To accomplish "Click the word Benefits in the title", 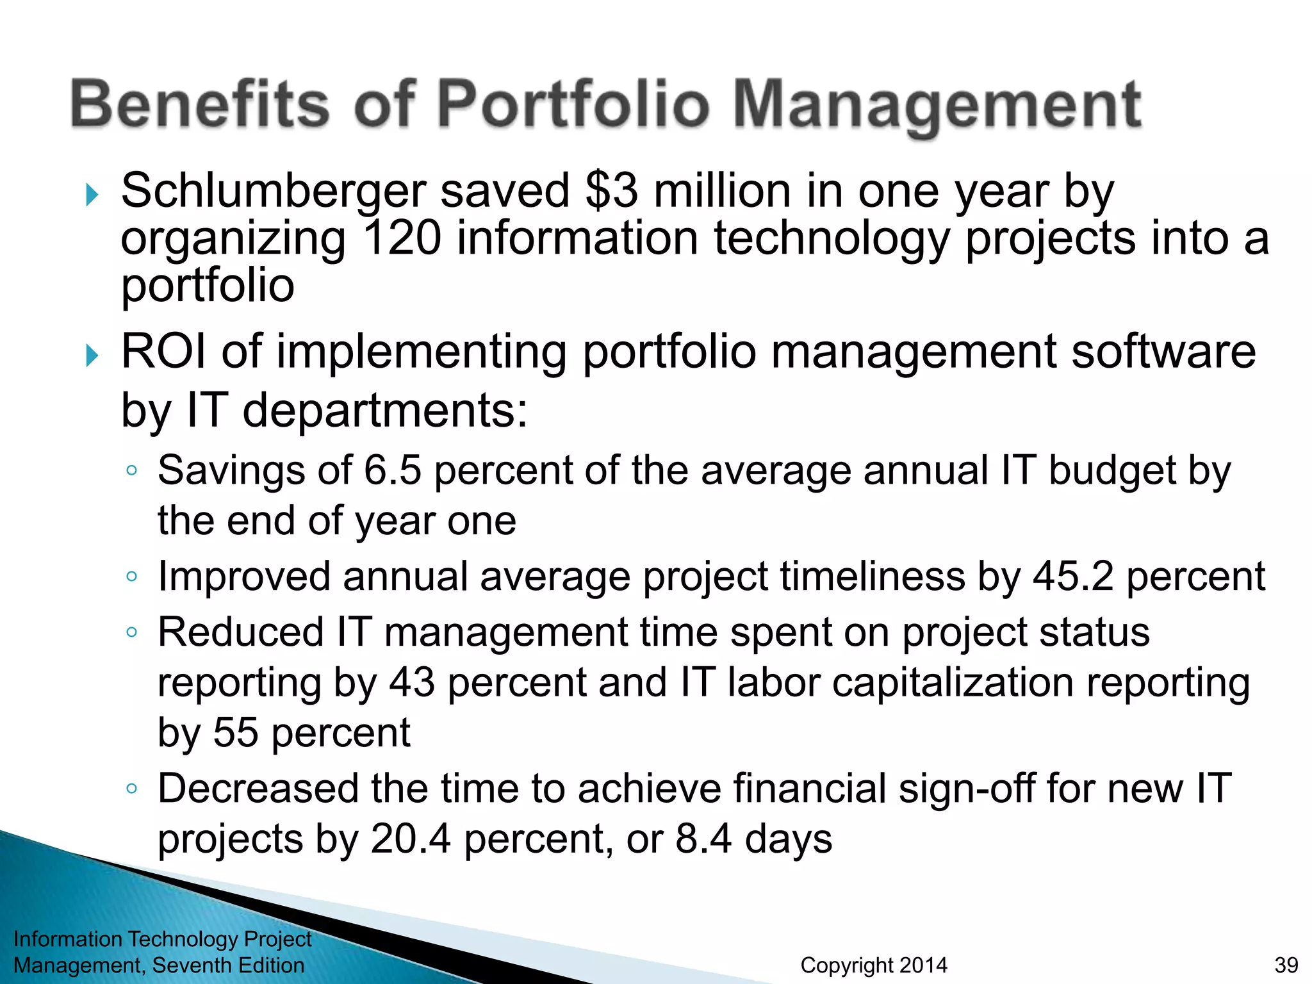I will pos(200,104).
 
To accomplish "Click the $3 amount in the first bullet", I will pos(612,190).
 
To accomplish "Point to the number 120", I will pos(402,238).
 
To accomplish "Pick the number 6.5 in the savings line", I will pos(393,470).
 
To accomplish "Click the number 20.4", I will pos(411,839).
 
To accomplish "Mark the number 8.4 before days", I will pos(703,839).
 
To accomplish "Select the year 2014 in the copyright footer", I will pos(922,965).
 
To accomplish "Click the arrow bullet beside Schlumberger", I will pos(92,195).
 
